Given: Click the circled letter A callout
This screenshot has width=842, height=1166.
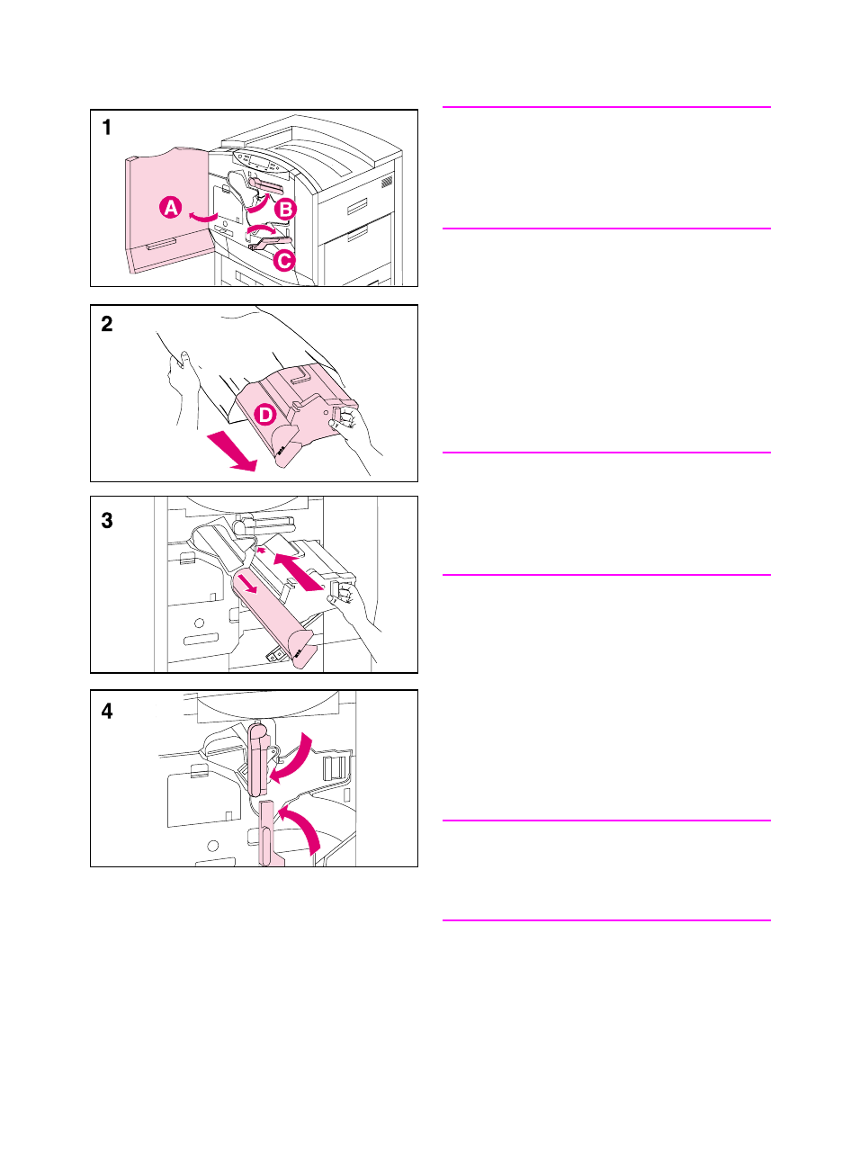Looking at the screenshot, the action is [171, 208].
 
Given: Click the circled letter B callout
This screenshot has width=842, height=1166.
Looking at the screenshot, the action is [285, 210].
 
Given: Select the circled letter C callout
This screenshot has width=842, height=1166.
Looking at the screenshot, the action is [284, 260].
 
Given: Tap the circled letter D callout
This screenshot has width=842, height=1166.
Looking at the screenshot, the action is [265, 416].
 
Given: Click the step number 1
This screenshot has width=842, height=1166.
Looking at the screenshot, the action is [107, 128].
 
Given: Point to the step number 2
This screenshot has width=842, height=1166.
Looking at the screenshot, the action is [107, 324].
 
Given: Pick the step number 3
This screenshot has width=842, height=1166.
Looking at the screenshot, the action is [107, 521].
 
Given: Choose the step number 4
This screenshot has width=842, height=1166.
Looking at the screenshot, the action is [107, 711].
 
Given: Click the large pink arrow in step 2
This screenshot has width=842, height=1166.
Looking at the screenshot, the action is [233, 453].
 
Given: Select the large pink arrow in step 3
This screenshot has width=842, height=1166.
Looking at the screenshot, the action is [298, 572].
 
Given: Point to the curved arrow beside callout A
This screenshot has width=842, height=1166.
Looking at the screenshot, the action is [203, 217].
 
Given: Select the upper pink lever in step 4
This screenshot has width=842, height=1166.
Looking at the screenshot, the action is [257, 759].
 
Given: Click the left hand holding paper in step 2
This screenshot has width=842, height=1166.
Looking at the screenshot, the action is [182, 385].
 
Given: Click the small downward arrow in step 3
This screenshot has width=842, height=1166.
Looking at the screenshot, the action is [251, 586].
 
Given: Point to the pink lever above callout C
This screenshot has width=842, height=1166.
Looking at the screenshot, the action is [270, 243].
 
